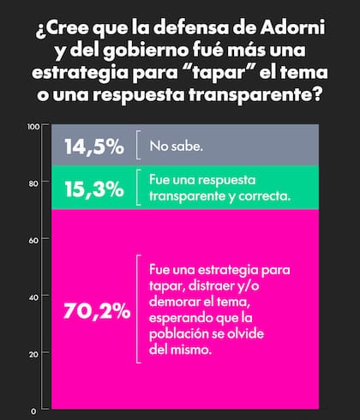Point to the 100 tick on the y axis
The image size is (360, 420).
click(34, 127)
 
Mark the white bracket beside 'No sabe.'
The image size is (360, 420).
click(139, 145)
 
